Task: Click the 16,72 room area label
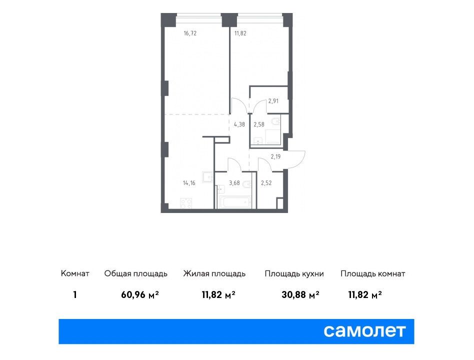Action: (x=190, y=33)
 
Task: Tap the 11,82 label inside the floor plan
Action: (x=240, y=33)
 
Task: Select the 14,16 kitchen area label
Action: (x=189, y=183)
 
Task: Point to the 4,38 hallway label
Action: (x=239, y=124)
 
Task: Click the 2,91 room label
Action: (x=273, y=101)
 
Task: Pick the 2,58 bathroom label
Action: (x=259, y=124)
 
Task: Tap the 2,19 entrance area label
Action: (x=275, y=156)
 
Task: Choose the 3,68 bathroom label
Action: (x=234, y=183)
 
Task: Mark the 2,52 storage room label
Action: (x=266, y=183)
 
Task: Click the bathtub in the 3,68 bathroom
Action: (x=234, y=202)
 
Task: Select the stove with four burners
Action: (x=186, y=203)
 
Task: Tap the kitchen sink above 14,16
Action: (x=208, y=177)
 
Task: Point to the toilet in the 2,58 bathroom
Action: (x=275, y=121)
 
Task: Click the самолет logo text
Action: (x=364, y=331)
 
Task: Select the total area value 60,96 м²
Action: (x=140, y=294)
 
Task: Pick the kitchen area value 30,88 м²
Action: (x=300, y=294)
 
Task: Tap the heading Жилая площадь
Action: (x=214, y=273)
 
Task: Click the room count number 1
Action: (x=75, y=294)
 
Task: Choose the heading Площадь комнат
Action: (x=372, y=273)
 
